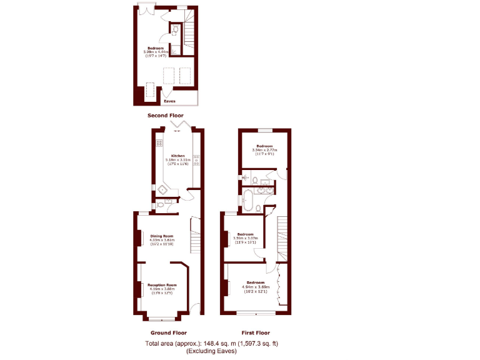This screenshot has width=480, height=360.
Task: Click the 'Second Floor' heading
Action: (166, 116)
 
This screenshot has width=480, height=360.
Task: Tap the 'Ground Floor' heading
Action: (169, 332)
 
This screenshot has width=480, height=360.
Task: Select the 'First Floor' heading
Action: (256, 332)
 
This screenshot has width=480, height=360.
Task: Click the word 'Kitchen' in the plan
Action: (178, 156)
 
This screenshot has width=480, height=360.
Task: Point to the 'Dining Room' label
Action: (161, 236)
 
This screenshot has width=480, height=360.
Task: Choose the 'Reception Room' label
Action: (162, 285)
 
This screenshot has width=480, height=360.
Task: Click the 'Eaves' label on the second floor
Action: (169, 101)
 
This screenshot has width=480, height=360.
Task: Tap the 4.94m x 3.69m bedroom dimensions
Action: (255, 287)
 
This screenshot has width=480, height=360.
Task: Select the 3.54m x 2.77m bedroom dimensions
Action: (265, 150)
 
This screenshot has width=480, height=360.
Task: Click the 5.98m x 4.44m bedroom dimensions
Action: (156, 52)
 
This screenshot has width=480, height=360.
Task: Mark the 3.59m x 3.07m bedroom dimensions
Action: (245, 238)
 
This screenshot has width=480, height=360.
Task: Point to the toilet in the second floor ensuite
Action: (175, 30)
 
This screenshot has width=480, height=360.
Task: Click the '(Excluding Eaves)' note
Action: (211, 351)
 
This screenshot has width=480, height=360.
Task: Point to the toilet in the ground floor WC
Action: (161, 204)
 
